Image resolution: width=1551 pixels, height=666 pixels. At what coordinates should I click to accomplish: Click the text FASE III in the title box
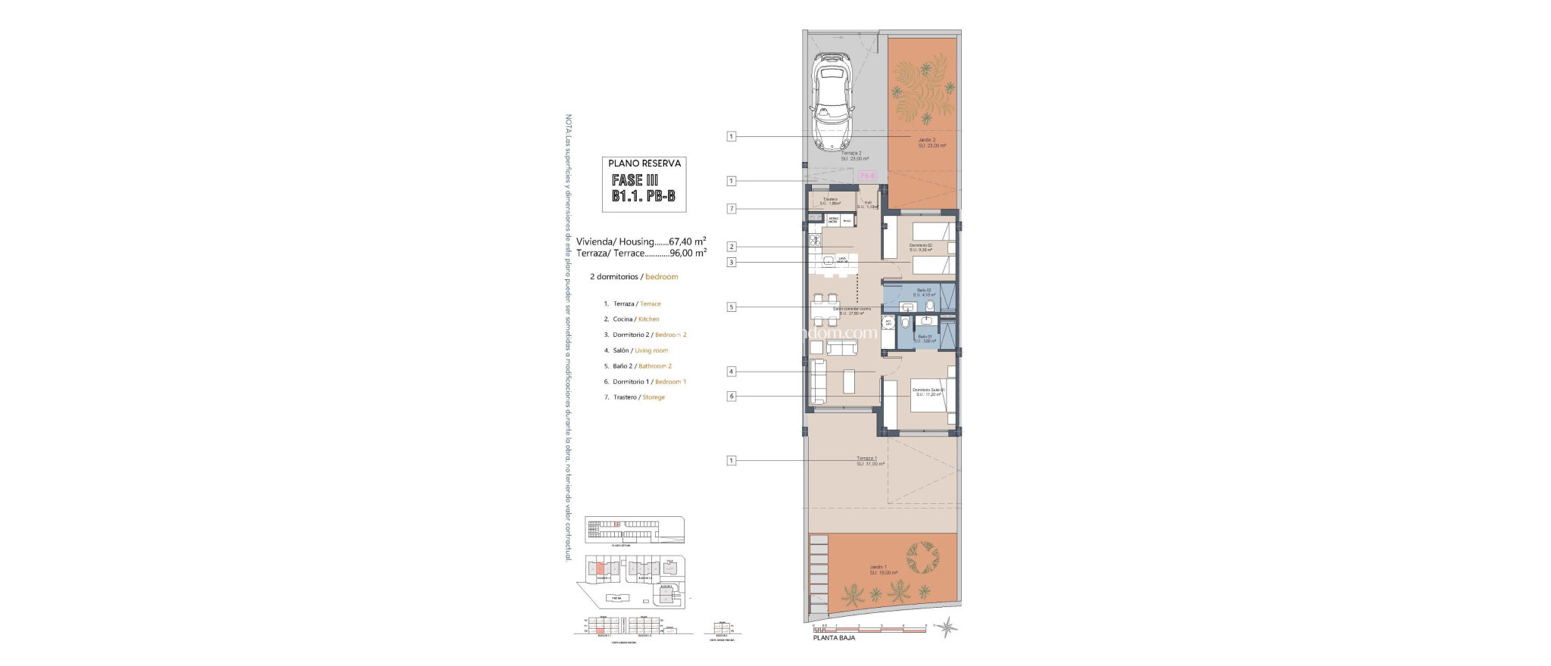click(635, 181)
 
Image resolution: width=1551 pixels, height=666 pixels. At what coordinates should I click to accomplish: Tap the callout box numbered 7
click(731, 209)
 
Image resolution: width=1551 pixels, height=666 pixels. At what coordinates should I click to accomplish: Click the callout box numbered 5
click(731, 307)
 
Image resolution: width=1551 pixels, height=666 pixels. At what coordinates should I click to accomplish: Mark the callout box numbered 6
click(731, 396)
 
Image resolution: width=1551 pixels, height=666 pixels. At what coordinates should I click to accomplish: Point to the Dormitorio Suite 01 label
click(928, 391)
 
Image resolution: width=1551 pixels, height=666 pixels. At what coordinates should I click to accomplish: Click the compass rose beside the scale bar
click(950, 627)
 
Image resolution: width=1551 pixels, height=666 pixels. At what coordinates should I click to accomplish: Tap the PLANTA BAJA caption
click(834, 638)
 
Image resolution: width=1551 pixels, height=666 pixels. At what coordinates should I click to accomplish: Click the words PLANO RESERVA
click(644, 163)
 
